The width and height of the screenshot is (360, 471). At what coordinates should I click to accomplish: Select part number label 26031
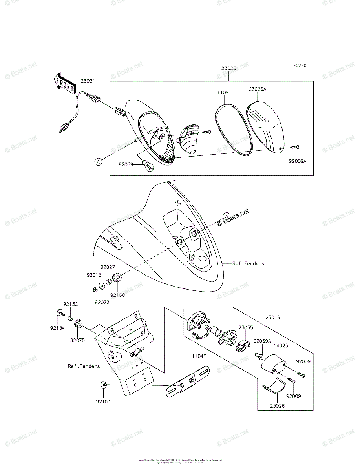88,81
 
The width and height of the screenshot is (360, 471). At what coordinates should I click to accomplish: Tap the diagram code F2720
299,66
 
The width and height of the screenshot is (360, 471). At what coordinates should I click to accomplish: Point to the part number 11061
224,93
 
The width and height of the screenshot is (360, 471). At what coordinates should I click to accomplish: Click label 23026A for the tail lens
257,89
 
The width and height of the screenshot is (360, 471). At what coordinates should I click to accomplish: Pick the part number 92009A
298,161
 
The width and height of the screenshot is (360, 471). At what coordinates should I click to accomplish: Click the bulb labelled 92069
149,166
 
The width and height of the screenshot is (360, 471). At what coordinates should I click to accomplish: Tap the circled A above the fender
226,215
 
